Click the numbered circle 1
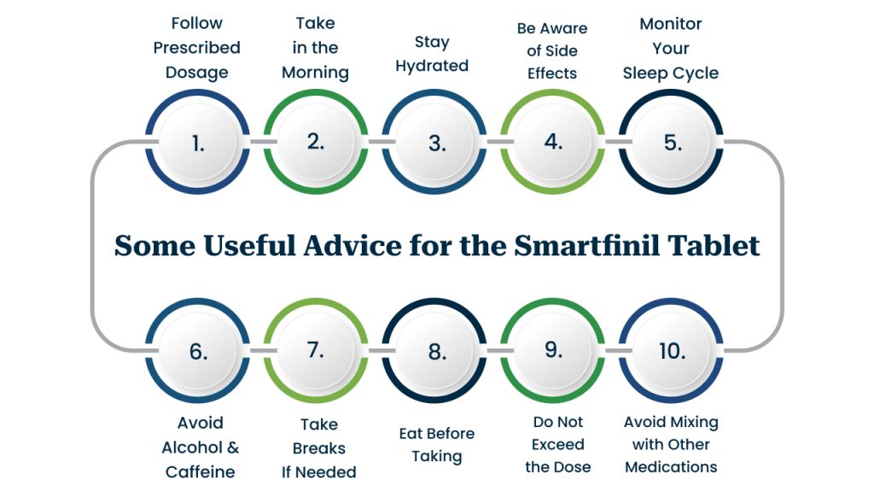point(197,143)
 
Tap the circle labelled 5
point(671,143)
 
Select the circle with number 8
point(434,350)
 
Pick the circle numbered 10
point(671,350)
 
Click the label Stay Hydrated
point(432,54)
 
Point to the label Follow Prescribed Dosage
point(197,48)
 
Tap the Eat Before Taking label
point(437,445)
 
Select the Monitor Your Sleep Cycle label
point(671,49)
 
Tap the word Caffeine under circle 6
point(200,471)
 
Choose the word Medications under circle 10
point(671,467)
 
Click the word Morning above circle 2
point(316,73)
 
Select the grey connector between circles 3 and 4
point(493,142)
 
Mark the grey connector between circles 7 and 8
point(375,350)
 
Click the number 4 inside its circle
point(553,142)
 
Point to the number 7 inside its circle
point(316,349)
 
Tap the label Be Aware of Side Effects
point(552,50)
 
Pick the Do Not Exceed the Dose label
point(558,444)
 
